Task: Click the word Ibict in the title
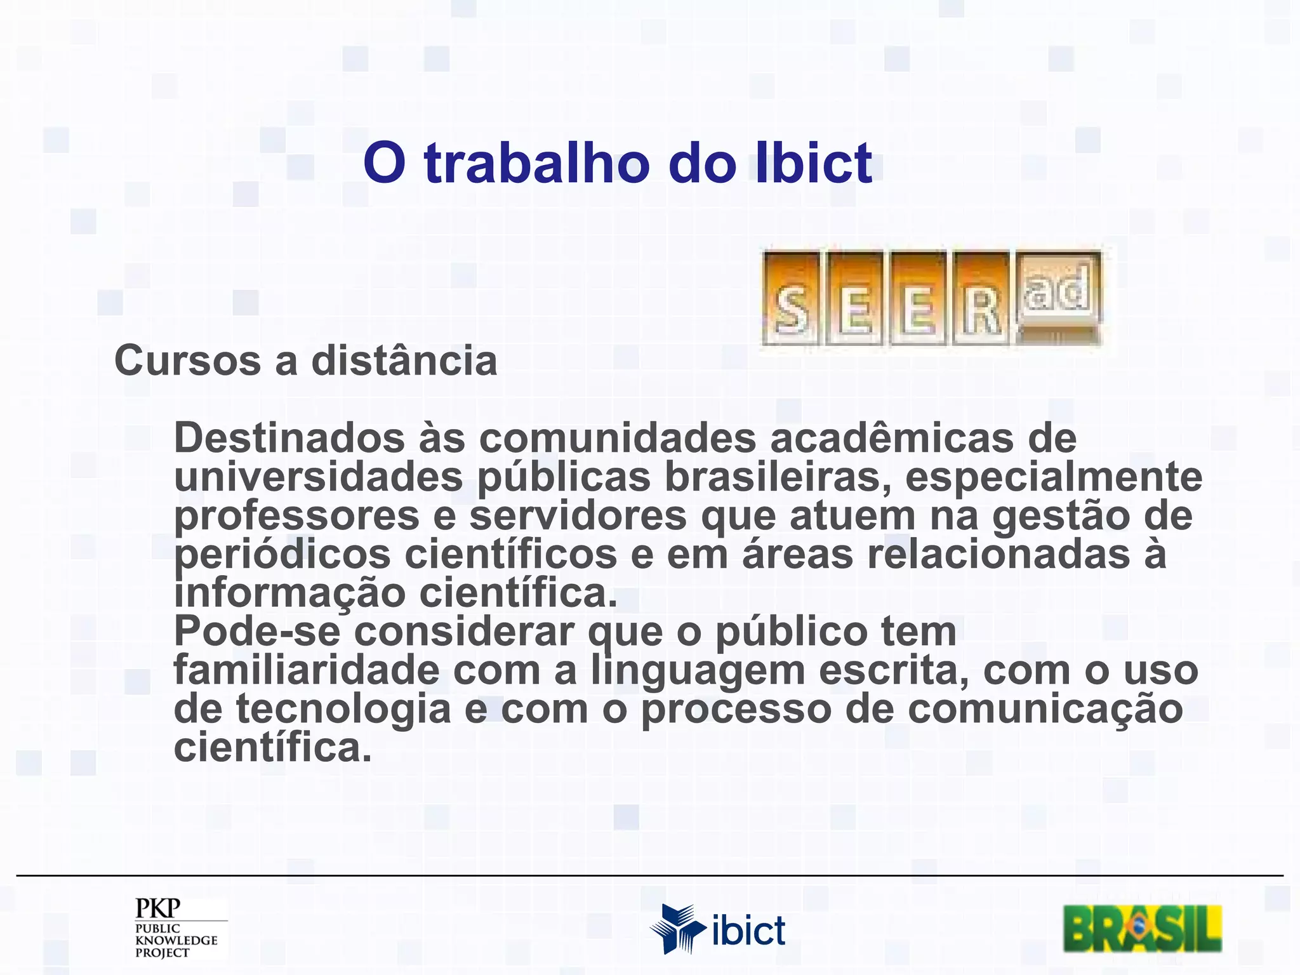pyautogui.click(x=814, y=163)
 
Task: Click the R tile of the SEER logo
pyautogui.click(x=981, y=299)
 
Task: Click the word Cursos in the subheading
pyautogui.click(x=187, y=361)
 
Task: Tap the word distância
pyautogui.click(x=404, y=361)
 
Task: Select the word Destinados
pyautogui.click(x=289, y=438)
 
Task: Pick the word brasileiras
pyautogui.click(x=777, y=477)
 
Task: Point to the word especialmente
pyautogui.click(x=1053, y=477)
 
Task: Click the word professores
pyautogui.click(x=296, y=515)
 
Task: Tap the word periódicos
pyautogui.click(x=282, y=554)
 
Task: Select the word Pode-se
pyautogui.click(x=256, y=632)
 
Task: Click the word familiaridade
pyautogui.click(x=306, y=670)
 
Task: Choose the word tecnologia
pyautogui.click(x=343, y=709)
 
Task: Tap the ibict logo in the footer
pyautogui.click(x=717, y=929)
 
